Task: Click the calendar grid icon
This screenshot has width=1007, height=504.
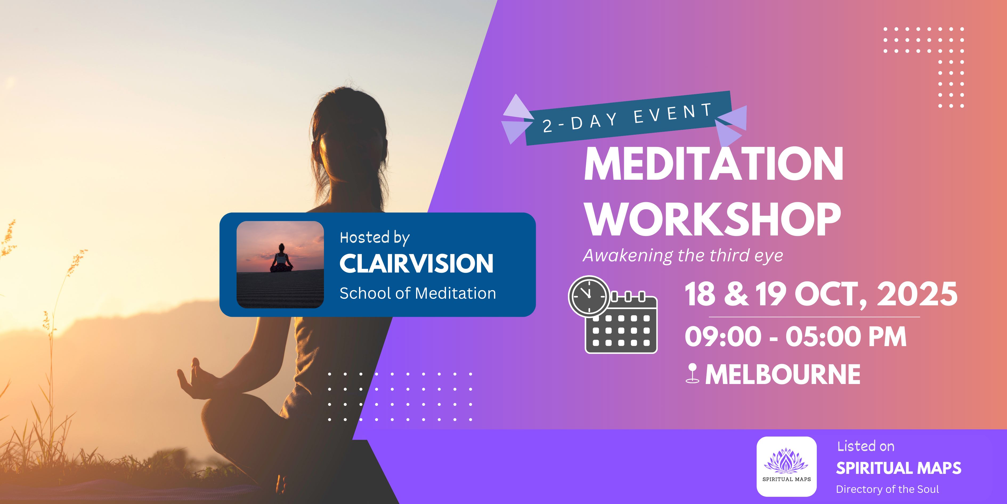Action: [622, 323]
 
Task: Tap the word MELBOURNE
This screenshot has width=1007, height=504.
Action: [783, 374]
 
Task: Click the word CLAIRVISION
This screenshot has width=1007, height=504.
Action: [416, 263]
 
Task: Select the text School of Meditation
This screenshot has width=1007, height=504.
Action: [417, 293]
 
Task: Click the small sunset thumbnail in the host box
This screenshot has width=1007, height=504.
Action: [280, 265]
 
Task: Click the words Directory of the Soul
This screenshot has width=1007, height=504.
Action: [887, 489]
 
